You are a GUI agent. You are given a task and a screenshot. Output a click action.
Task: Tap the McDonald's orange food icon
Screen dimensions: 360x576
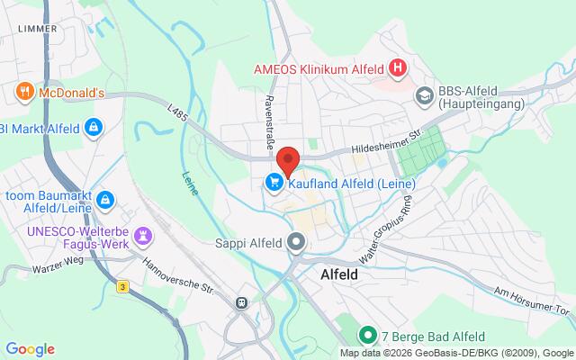[x=24, y=91]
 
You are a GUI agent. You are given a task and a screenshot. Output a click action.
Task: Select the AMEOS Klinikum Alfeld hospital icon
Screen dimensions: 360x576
[x=397, y=67]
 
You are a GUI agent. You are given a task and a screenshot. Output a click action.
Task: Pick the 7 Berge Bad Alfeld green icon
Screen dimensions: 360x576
[x=367, y=337]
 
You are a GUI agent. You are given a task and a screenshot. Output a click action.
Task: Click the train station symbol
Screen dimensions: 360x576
[x=242, y=302]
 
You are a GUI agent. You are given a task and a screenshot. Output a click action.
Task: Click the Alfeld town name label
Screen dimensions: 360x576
[x=346, y=276]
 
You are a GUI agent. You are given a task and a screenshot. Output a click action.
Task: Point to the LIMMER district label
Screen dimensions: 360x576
[x=37, y=29]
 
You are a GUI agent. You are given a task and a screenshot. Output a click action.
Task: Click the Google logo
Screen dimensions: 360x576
[x=30, y=349]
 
